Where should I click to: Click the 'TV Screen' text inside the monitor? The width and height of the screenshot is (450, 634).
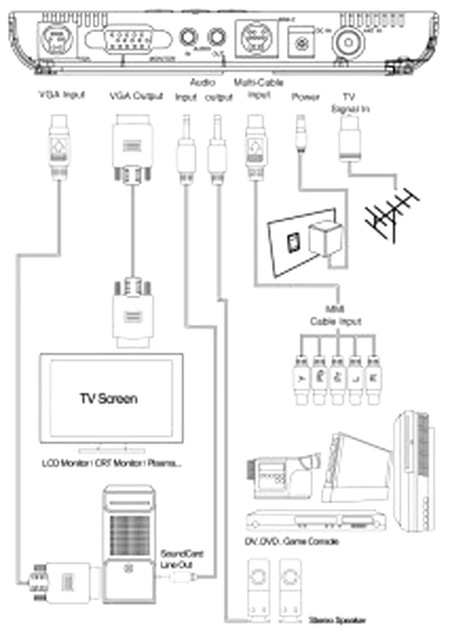click(x=108, y=399)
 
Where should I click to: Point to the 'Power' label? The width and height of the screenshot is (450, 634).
click(x=305, y=96)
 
